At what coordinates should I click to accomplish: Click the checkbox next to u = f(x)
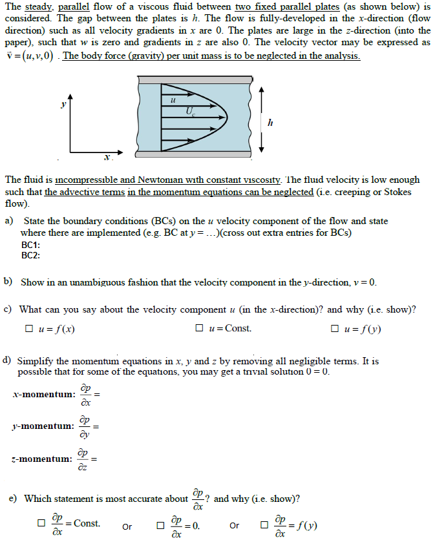[28, 328]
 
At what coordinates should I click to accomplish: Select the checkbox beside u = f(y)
[334, 328]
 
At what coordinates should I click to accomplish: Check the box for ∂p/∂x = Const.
[41, 523]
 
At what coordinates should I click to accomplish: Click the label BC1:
[30, 245]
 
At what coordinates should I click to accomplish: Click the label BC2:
[30, 255]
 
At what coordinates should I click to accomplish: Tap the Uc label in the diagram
[190, 111]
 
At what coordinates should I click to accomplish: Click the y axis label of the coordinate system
[63, 103]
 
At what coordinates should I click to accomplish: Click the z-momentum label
[42, 459]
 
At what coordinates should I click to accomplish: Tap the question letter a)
[9, 221]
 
